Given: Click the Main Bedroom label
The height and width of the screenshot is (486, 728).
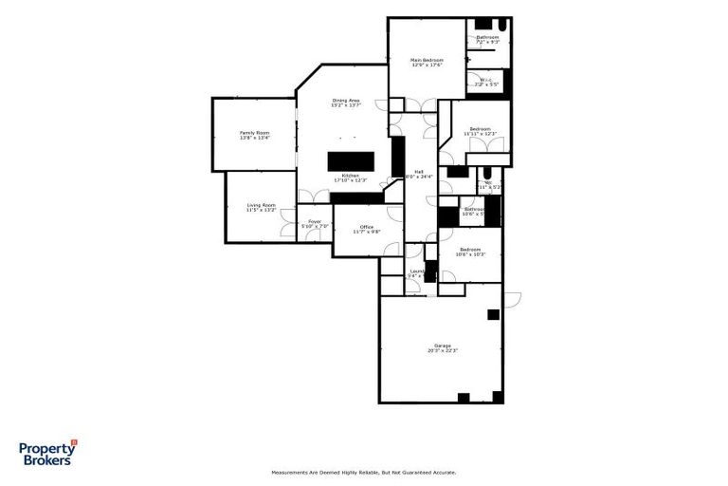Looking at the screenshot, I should [426, 61].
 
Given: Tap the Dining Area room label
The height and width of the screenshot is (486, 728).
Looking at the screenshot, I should [345, 101].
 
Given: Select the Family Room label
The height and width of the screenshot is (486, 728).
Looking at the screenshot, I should [254, 133].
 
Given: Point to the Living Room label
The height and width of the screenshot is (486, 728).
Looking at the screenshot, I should [261, 205].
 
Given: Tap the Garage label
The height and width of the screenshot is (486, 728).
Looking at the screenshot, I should [442, 346].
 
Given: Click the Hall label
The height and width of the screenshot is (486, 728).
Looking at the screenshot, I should [418, 172].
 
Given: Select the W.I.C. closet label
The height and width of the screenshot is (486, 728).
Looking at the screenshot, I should [485, 80].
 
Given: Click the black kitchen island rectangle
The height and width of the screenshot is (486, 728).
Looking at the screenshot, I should [352, 160].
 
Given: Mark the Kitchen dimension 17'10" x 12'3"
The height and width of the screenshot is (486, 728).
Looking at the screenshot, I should [350, 180].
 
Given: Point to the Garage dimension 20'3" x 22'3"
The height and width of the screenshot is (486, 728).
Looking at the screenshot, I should [442, 351].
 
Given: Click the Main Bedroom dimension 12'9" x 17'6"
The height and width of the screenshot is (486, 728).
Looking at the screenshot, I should [426, 65].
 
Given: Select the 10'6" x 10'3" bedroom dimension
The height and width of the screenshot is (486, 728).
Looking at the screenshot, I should [470, 254].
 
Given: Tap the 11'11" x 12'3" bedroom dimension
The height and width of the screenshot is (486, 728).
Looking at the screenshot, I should [480, 134].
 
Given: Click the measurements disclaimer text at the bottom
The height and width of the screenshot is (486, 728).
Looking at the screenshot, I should [364, 472].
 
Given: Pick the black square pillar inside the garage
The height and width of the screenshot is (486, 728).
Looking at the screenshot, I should [493, 314].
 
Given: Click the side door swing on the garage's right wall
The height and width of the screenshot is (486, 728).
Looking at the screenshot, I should [513, 300].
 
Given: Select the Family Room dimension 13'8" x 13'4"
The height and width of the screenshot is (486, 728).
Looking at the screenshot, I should [254, 138].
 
